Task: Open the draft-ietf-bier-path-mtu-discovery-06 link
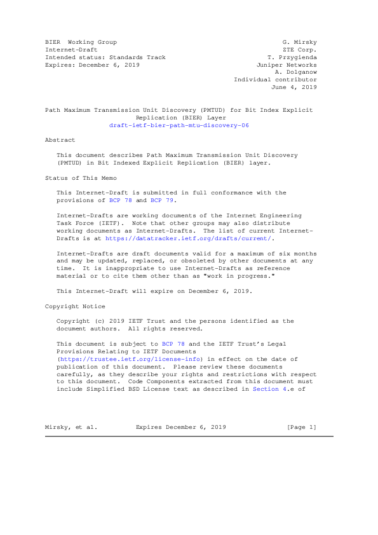(179, 126)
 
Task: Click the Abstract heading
(60, 140)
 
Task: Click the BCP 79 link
(162, 200)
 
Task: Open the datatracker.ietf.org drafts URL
(213, 238)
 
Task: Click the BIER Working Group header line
(81, 42)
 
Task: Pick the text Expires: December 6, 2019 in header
(92, 65)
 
